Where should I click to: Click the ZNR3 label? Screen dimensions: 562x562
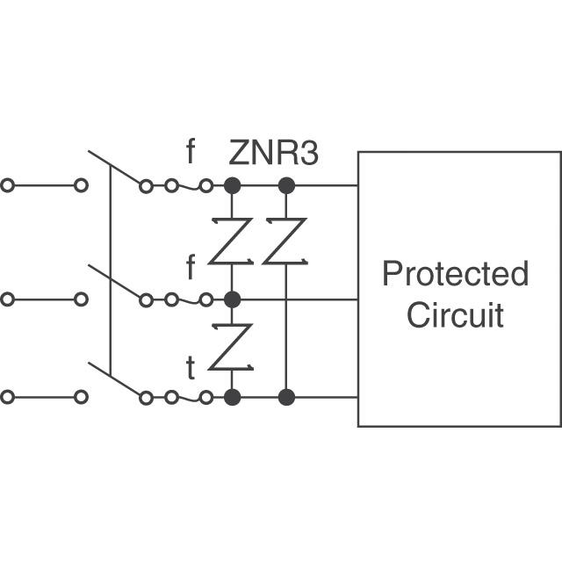click(x=273, y=153)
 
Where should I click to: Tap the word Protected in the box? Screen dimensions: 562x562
click(x=455, y=274)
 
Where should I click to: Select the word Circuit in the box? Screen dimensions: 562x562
click(x=455, y=313)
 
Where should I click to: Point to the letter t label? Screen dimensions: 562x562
click(x=191, y=369)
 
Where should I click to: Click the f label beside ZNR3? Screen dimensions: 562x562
click(x=191, y=152)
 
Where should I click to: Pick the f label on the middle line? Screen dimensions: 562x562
click(x=191, y=266)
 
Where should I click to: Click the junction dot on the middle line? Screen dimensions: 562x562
click(x=232, y=299)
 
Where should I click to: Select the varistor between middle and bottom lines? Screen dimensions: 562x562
click(x=232, y=348)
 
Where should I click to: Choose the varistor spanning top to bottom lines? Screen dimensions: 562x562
click(x=285, y=241)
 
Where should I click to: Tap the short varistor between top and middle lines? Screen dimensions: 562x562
click(x=232, y=241)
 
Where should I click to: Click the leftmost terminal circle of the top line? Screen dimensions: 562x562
click(x=8, y=186)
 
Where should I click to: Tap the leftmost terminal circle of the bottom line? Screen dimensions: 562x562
click(x=8, y=397)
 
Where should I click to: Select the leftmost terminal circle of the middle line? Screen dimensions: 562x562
click(x=8, y=299)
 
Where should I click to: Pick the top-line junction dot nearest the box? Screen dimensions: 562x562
click(x=285, y=186)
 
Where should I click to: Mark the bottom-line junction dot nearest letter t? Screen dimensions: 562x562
click(x=232, y=397)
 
